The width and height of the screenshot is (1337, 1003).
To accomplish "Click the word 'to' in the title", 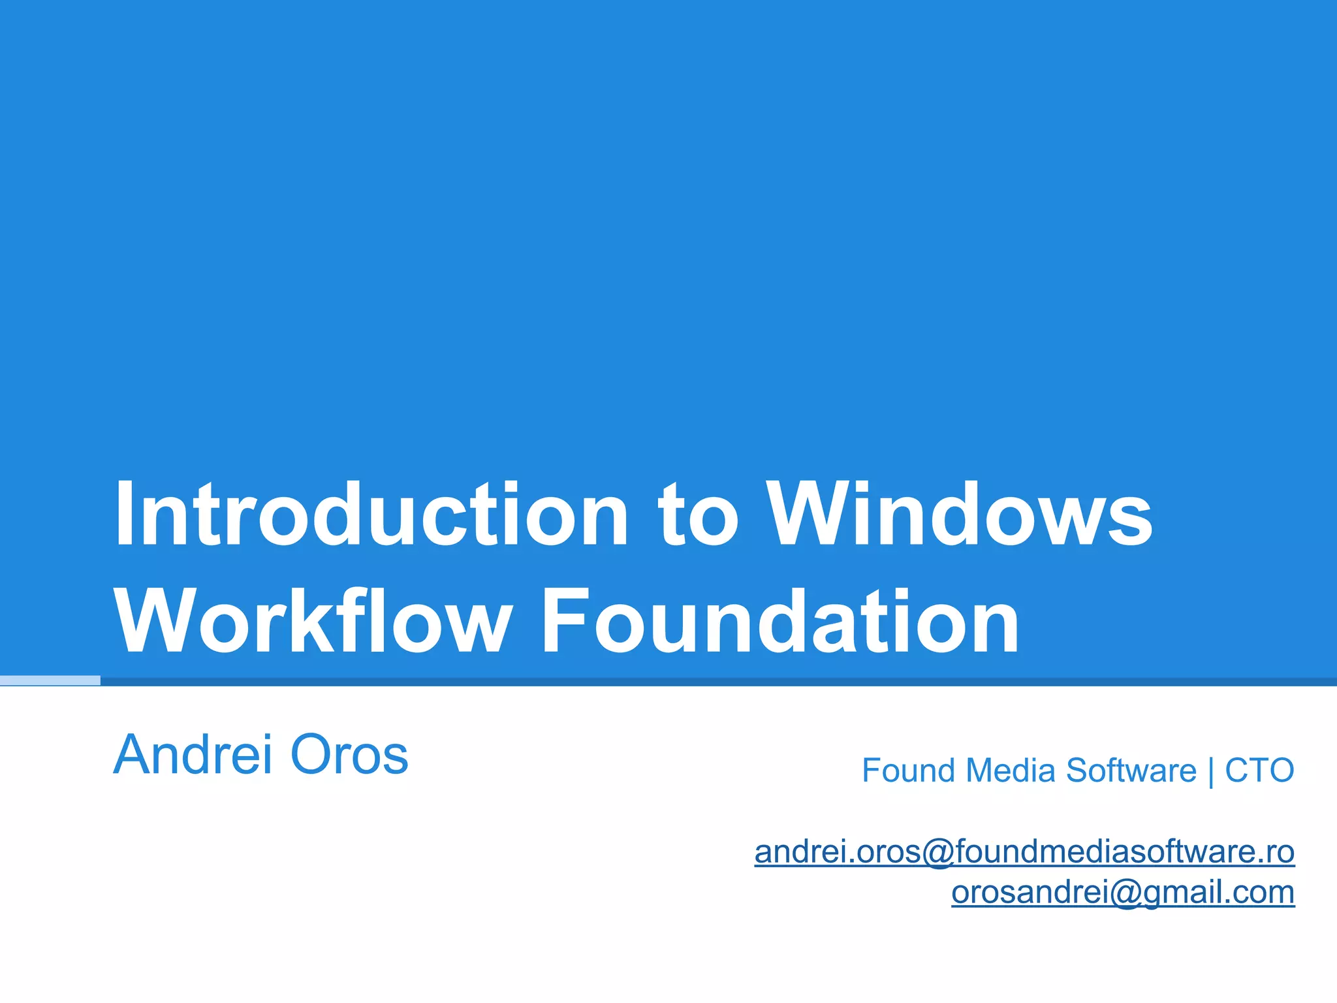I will click(699, 516).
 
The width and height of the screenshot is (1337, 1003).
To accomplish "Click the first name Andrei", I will click(193, 755).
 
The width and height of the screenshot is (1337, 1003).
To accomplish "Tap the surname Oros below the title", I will click(349, 755).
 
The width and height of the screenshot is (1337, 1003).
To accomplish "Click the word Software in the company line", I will click(1131, 771).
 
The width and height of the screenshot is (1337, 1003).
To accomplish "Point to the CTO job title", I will click(1259, 771).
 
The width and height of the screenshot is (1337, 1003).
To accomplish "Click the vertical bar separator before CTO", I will click(1211, 772).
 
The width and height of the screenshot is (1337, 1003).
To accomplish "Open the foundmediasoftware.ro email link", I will click(1024, 852).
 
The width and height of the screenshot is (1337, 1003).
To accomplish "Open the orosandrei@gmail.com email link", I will click(1123, 892).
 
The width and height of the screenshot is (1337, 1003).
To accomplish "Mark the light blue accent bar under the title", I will click(50, 680).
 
